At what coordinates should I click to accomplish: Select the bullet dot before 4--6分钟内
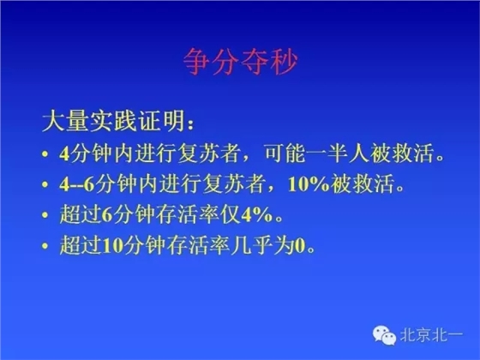tap(45, 188)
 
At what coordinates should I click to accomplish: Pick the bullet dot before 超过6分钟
tap(45, 218)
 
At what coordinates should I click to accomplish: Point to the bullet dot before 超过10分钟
tap(45, 248)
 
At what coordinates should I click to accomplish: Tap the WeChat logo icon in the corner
tap(386, 339)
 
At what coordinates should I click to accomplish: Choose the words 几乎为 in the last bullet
tap(261, 248)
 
